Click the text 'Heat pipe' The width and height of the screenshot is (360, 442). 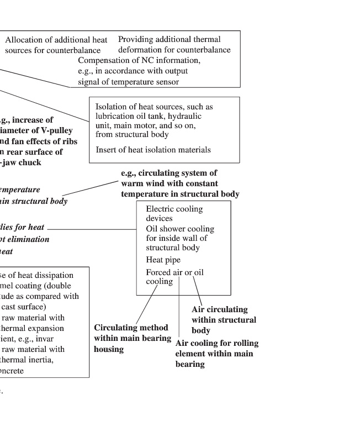point(163,260)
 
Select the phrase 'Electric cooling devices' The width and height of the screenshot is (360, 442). point(174,213)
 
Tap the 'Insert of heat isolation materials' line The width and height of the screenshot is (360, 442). point(153,150)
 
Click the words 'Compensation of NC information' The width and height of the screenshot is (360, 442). point(139,60)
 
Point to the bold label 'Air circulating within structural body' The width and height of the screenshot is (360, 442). point(224,320)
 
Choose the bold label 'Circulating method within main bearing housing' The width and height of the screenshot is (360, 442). point(131,338)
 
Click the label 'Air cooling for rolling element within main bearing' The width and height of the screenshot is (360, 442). point(216,354)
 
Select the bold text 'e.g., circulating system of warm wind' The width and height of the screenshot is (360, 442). point(169,178)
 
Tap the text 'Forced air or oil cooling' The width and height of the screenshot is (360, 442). point(174,277)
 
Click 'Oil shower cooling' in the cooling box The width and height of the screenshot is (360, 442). point(180,229)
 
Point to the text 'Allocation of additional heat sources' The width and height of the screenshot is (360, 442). point(56,45)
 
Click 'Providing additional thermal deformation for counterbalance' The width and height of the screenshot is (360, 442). point(174,44)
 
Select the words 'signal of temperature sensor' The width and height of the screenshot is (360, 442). point(128,82)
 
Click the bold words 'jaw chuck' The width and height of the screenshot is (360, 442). point(22,162)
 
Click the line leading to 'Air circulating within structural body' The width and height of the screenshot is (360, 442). point(197,289)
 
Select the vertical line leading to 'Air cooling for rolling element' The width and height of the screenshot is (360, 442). point(179,309)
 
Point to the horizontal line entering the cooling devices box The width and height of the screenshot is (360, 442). point(91,229)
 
